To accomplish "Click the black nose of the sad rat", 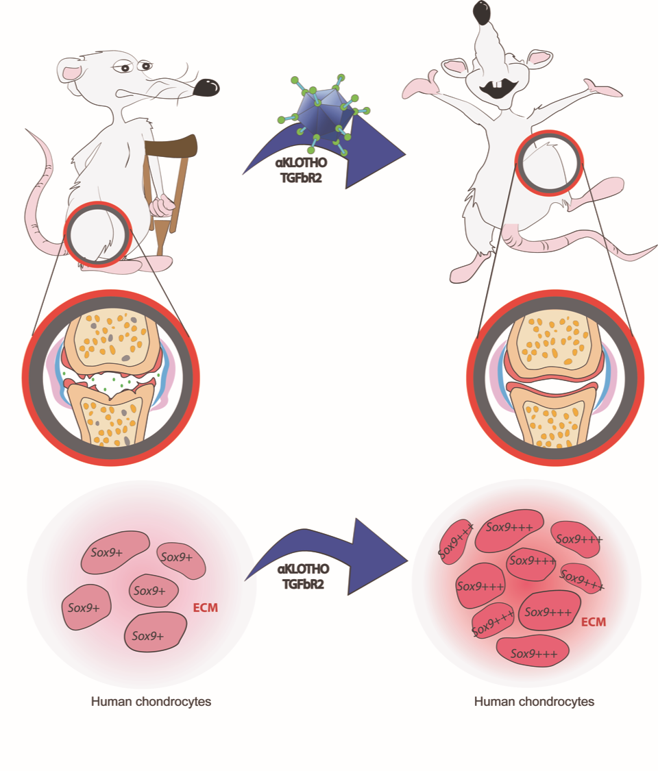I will pos(206,87).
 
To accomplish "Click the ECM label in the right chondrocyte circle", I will pos(594,622).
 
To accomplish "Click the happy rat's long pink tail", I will pos(603,250).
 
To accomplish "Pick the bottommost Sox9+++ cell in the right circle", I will pos(532,653).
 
